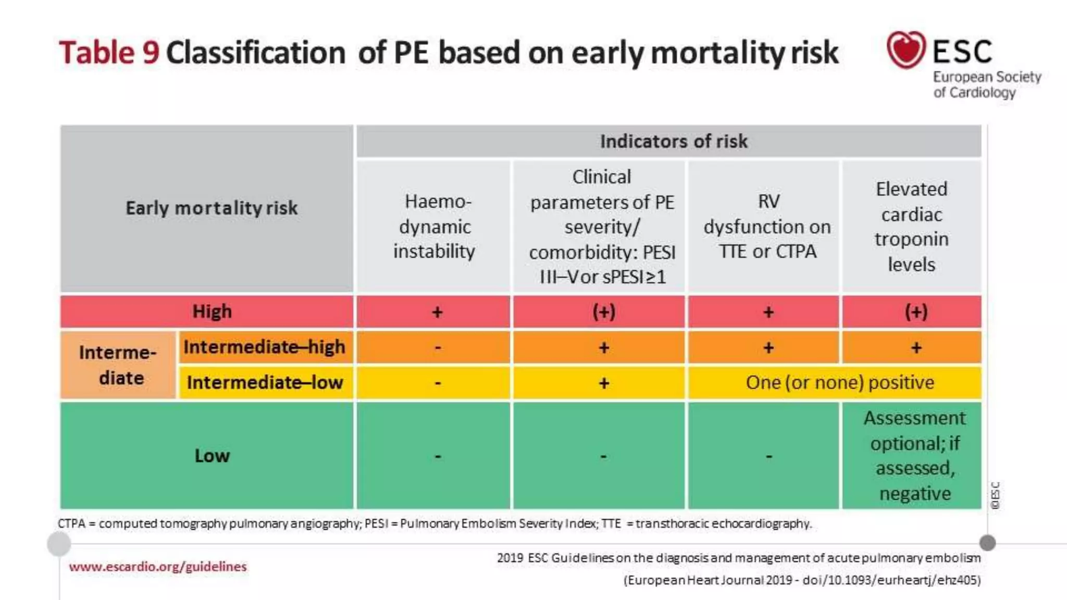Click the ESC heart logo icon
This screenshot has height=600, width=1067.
click(906, 49)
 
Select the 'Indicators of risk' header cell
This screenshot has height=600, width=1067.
click(673, 141)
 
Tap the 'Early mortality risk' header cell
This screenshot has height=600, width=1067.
click(211, 208)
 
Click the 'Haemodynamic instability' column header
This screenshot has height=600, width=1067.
click(434, 227)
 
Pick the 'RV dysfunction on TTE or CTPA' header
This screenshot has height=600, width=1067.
click(767, 227)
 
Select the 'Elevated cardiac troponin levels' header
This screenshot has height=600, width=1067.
click(911, 227)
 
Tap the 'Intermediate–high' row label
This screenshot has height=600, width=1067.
click(264, 347)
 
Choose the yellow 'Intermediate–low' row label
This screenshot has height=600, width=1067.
click(265, 383)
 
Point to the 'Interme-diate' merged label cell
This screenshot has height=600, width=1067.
click(118, 365)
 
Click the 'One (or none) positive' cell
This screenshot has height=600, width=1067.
click(839, 383)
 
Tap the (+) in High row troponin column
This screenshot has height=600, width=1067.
click(915, 312)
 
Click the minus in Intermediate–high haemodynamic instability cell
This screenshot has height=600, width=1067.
click(438, 347)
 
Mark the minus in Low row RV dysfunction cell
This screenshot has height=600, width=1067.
click(768, 457)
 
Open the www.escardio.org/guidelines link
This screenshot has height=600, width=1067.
click(157, 567)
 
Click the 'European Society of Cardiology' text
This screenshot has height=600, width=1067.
click(986, 85)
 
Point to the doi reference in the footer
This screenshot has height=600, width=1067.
click(891, 580)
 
